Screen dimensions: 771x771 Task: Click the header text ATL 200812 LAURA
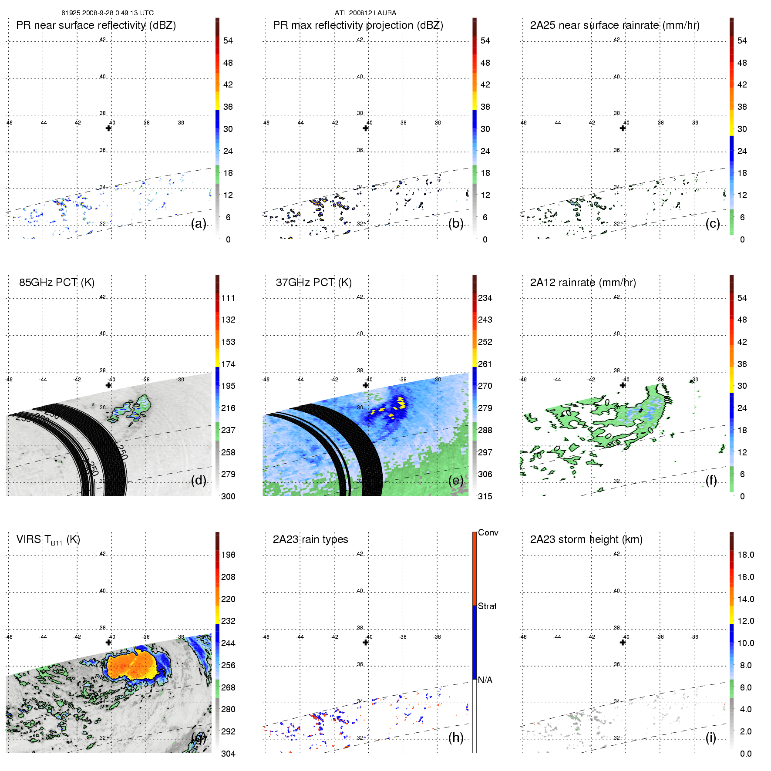365,13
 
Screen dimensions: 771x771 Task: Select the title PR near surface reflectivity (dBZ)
96,25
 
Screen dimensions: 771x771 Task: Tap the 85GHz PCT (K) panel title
57,283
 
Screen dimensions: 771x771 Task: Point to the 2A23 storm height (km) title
586,539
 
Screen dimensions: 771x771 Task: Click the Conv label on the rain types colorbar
488,532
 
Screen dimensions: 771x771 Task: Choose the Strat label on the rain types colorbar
487,606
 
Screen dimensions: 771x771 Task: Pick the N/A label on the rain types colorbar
485,680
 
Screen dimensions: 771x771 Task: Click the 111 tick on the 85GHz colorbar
228,298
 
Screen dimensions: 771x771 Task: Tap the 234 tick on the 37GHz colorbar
485,298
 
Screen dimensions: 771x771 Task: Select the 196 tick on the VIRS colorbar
228,555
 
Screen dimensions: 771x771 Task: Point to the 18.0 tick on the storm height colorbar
746,555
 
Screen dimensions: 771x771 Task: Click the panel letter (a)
199,224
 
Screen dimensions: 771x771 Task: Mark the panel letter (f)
711,480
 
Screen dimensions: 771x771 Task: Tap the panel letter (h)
456,737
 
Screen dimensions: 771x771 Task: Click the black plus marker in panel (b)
366,128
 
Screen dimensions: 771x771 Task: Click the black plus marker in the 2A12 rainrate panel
623,385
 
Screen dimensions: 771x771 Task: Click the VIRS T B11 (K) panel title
48,540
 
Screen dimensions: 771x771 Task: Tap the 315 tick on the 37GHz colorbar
485,496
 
